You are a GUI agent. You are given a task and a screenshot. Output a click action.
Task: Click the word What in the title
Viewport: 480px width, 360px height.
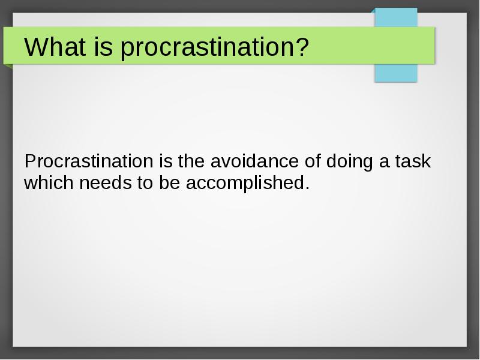55,47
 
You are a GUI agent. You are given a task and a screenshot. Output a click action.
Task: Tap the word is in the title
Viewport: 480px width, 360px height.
103,47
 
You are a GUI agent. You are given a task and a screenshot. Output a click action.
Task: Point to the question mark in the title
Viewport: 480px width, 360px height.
299,47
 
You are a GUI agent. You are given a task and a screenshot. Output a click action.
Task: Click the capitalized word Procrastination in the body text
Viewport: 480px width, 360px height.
89,161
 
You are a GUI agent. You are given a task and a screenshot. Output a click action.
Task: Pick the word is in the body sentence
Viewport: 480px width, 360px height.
166,161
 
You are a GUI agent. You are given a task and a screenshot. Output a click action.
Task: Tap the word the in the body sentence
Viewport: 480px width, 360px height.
191,161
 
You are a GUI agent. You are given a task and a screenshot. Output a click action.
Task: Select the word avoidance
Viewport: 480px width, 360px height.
254,161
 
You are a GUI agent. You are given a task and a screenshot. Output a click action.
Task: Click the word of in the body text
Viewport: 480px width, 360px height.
313,161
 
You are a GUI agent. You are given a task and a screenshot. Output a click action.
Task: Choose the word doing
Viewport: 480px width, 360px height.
350,162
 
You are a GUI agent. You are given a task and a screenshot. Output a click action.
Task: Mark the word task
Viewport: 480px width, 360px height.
413,161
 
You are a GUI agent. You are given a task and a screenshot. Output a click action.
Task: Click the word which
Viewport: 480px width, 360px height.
49,182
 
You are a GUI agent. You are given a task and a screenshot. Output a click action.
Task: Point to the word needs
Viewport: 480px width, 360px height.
106,182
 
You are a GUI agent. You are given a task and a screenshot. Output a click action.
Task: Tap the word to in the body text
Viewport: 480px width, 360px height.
145,183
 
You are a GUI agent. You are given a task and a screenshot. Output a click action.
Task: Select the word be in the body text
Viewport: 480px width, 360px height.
170,182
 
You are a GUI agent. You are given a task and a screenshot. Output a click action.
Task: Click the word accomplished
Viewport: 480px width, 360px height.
244,184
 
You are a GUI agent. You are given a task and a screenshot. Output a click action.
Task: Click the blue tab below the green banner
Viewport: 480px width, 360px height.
396,73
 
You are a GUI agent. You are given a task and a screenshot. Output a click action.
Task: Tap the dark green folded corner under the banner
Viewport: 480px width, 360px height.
9,67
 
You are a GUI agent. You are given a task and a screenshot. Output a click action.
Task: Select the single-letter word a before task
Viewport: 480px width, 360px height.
384,163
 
